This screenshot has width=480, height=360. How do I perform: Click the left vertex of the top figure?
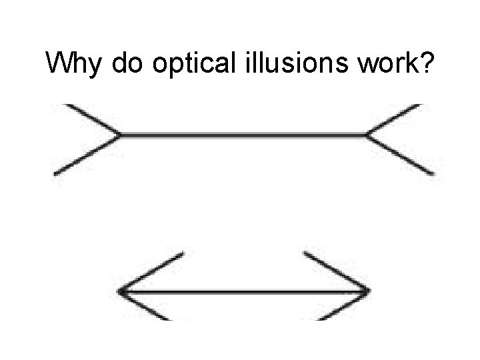click(x=120, y=135)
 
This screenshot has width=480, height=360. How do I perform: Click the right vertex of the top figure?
click(x=366, y=135)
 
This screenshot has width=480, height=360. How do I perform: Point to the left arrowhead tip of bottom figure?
click(x=121, y=292)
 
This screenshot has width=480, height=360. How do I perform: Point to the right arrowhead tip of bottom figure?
click(x=368, y=292)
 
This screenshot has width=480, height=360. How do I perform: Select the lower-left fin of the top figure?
click(x=87, y=155)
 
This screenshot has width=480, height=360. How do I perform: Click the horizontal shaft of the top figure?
click(x=243, y=135)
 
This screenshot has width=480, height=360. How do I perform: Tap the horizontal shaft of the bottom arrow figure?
click(x=244, y=292)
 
